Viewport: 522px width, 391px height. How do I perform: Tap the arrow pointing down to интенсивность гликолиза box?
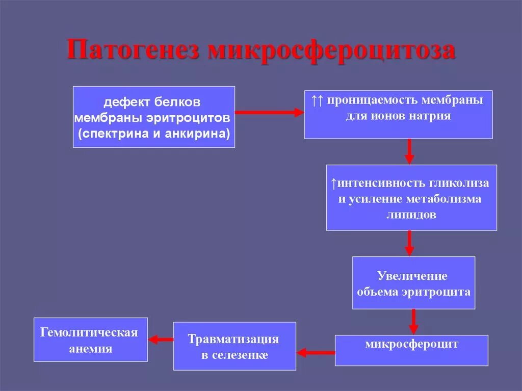(409, 151)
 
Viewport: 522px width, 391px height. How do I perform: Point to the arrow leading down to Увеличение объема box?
(409, 243)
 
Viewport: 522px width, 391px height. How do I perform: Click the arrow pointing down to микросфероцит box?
(413, 321)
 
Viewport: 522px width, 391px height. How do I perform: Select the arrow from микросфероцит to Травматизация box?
(316, 351)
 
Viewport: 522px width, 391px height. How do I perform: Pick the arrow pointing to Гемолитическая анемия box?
(161, 339)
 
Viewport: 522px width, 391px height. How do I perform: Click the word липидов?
(411, 215)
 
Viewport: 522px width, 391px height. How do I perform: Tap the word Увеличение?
(412, 276)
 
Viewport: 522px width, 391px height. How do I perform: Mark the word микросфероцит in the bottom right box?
(411, 344)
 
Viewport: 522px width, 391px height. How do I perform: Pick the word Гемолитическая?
(89, 333)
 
